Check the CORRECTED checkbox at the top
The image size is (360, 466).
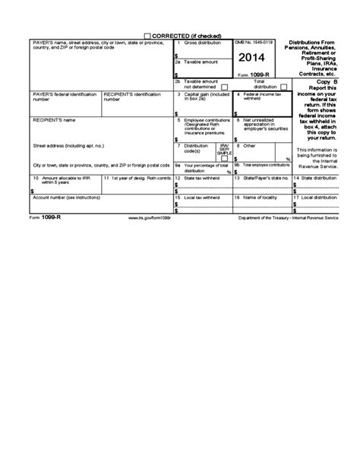(x=147, y=36)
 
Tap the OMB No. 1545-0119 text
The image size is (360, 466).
(x=251, y=43)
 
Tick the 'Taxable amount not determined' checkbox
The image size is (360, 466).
(x=223, y=87)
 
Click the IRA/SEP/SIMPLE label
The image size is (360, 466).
(x=224, y=149)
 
